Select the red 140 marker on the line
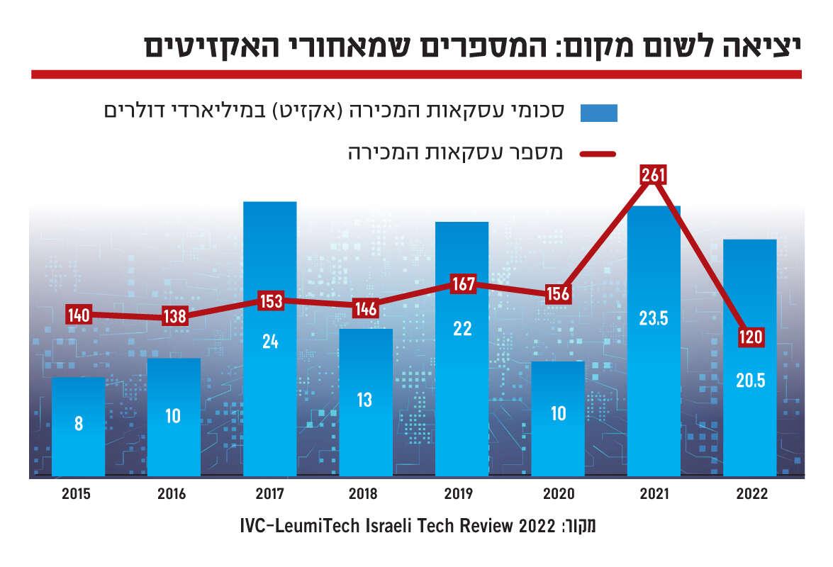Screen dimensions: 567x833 tap(79, 315)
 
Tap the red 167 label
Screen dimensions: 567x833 tap(462, 283)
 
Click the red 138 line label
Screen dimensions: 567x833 tap(174, 316)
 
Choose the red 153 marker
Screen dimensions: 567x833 tap(270, 301)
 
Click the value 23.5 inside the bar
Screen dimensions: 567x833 tap(653, 319)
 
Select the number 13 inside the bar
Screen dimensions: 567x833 tap(365, 400)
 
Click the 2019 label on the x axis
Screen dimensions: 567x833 tap(462, 495)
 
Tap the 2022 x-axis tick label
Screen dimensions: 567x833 tap(749, 495)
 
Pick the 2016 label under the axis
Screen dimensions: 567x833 tap(174, 495)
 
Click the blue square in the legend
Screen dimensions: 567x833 tap(599, 113)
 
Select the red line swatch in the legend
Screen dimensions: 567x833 tap(598, 153)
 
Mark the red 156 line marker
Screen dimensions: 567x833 tap(558, 294)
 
